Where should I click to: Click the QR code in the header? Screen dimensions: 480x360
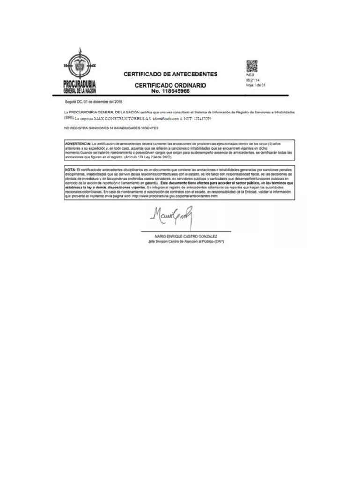tap(252, 66)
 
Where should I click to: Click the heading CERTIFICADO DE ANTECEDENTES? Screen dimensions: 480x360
tap(170, 74)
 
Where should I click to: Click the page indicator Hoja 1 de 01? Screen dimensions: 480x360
tap(255, 85)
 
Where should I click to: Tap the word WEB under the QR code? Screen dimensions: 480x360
tap(249, 75)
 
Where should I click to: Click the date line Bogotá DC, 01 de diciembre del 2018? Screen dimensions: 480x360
tap(93, 101)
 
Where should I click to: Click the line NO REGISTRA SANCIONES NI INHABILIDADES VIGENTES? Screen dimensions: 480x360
tap(112, 128)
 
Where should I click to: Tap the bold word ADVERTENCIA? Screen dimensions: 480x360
tap(78, 142)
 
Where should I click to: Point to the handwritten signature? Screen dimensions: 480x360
tap(172, 217)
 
